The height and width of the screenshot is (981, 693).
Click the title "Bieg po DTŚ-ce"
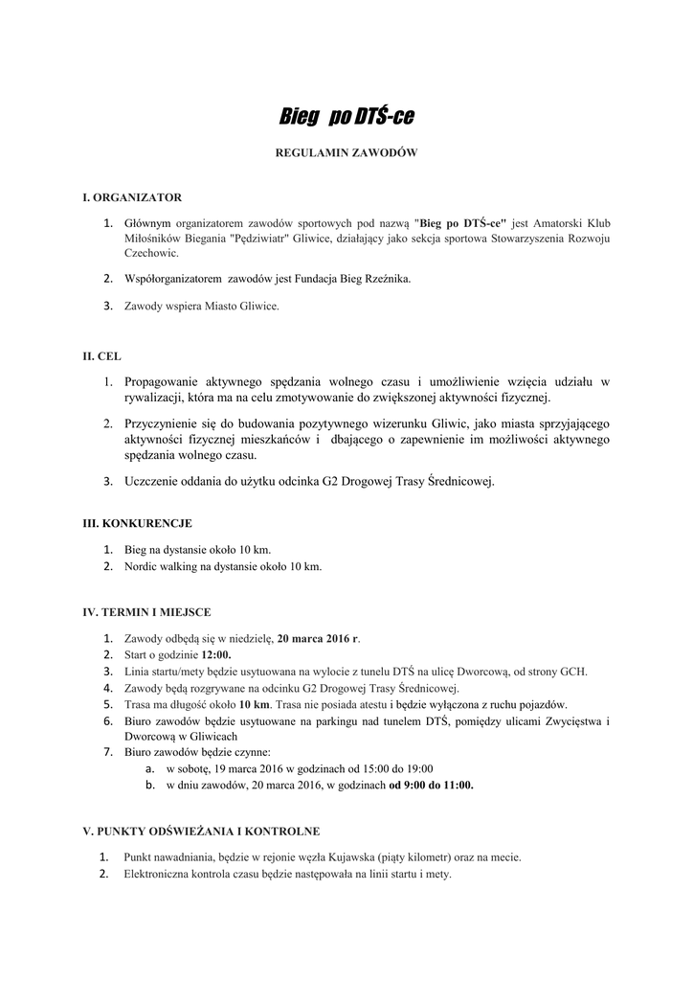346,118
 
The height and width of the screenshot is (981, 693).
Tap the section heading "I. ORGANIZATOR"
132,197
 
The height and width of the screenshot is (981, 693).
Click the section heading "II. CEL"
101,355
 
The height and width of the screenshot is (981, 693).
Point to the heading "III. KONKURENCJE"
138,523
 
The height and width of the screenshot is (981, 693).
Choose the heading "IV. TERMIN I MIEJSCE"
147,610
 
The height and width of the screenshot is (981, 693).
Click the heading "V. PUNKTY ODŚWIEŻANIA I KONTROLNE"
202,831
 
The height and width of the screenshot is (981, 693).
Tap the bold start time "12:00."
215,654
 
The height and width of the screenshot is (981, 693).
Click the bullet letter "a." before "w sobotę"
150,768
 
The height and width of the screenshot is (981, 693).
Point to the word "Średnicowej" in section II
459,481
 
